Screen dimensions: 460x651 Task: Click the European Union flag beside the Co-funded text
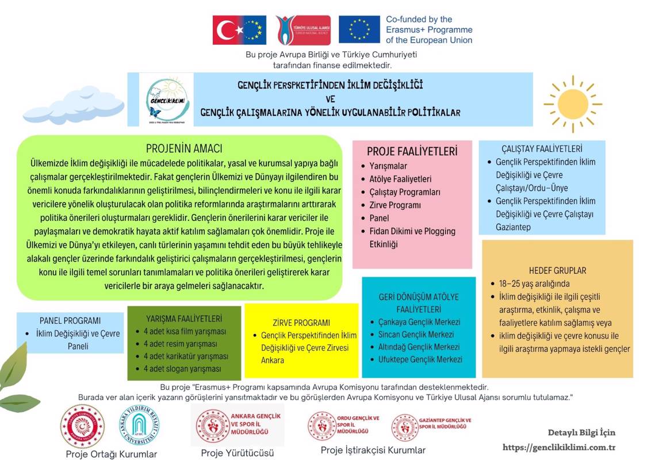tap(359, 30)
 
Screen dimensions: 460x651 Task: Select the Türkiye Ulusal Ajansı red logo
tap(303, 30)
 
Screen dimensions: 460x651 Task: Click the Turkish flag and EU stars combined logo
tap(239, 30)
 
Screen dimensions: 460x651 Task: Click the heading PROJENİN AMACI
tap(184, 148)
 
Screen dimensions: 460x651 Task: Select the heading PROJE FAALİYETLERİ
tap(412, 152)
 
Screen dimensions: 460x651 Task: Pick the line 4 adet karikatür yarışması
tap(185, 356)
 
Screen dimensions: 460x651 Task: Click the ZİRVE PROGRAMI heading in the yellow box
tap(301, 323)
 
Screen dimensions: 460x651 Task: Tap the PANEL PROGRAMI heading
tap(70, 320)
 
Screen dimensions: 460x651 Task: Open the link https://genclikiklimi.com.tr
tap(559, 447)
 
